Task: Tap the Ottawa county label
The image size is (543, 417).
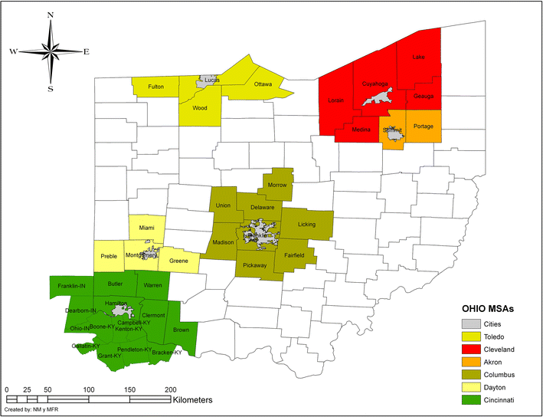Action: (263, 84)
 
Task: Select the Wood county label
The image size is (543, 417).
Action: (199, 108)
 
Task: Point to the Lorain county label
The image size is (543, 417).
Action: (336, 100)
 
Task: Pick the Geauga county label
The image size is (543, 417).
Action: (424, 96)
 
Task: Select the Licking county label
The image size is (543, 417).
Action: (306, 225)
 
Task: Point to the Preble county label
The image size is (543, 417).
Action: (109, 256)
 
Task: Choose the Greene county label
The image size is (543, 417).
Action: (178, 261)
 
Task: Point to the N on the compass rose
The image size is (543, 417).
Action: (51, 15)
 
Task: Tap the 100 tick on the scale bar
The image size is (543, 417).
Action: (90, 389)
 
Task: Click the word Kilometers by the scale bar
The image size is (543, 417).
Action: (182, 399)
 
